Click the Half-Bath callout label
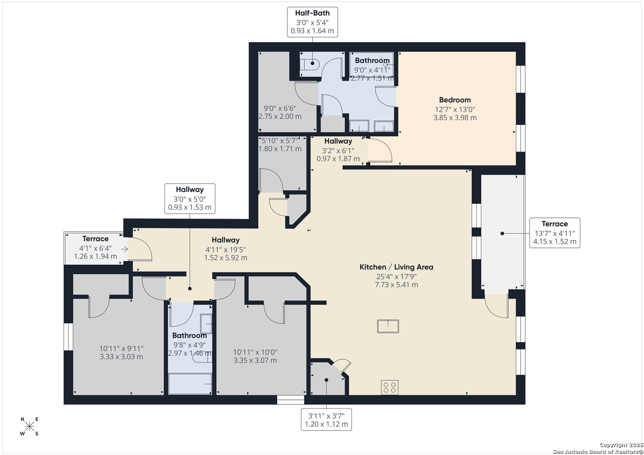[312, 22]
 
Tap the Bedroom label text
[455, 100]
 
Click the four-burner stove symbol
[389, 387]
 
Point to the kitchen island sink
[388, 326]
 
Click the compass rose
[30, 426]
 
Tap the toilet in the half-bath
[310, 64]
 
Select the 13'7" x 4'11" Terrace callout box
[555, 233]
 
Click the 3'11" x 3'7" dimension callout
[326, 420]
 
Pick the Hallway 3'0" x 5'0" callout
[190, 198]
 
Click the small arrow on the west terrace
[124, 249]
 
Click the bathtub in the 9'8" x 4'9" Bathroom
[190, 384]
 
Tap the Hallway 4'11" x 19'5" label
[225, 249]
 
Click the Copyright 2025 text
[621, 445]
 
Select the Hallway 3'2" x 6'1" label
[338, 150]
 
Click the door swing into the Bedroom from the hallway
[380, 150]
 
